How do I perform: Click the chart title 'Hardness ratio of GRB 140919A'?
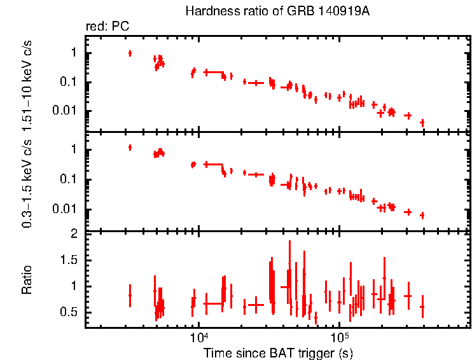coord(277,11)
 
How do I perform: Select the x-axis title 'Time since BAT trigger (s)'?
coord(278,352)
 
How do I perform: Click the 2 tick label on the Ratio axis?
coord(74,234)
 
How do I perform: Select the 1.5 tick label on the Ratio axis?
coord(70,260)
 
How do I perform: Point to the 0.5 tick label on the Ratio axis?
coord(70,312)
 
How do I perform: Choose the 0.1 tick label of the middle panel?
coord(70,180)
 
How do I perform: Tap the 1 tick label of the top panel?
coord(74,53)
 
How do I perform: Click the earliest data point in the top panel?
coord(130,53)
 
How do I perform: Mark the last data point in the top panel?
coord(422,122)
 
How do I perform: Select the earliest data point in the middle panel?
coord(130,148)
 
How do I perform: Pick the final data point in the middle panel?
coord(422,216)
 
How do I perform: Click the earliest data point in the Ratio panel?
coord(130,295)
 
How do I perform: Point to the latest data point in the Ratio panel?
coord(422,307)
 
